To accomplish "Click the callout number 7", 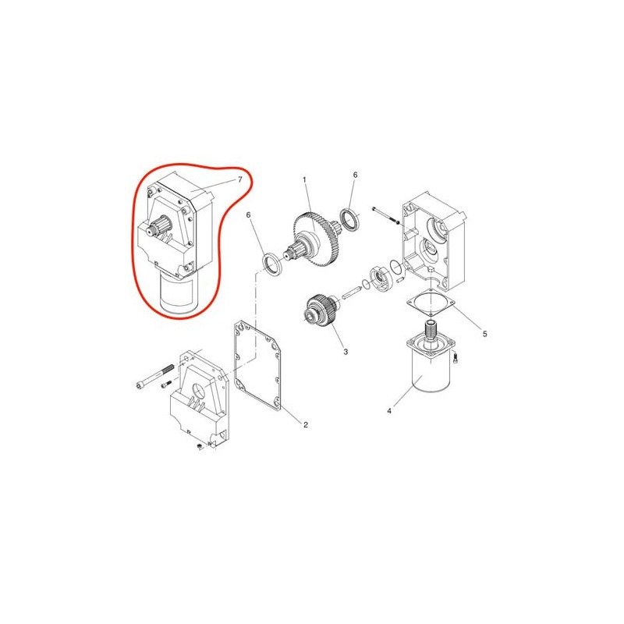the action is pos(240,180).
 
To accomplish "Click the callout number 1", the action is pos(304,180).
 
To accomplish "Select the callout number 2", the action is pos(306,424).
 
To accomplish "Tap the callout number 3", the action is pos(346,352).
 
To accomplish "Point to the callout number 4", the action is pos(389,411).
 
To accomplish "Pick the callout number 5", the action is pos(484,334).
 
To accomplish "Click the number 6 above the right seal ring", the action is pos(356,175).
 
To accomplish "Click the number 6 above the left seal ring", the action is pos(249,215).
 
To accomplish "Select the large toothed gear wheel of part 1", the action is pos(317,239).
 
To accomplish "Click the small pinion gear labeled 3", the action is pos(321,310).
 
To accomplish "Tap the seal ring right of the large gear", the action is pos(350,219).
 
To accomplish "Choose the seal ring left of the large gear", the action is pos(273,263).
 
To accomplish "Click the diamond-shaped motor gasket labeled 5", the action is pos(431,304).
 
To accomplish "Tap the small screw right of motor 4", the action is pos(456,357).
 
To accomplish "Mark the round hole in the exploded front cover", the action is pos(199,391).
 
